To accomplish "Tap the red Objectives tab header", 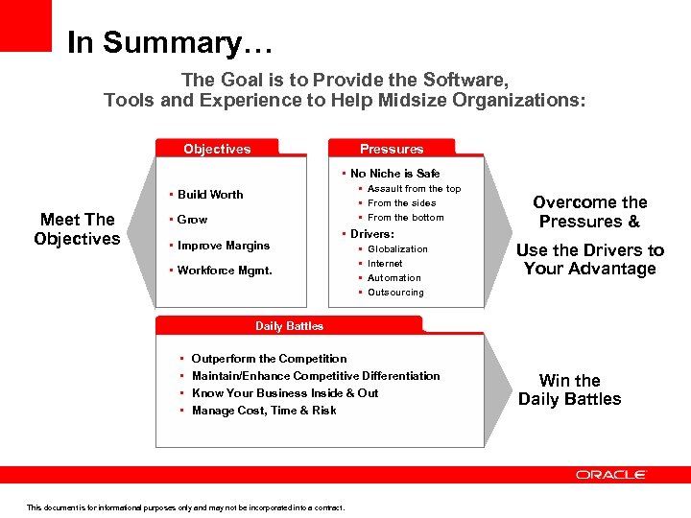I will tap(217, 149).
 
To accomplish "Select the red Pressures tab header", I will tap(392, 149).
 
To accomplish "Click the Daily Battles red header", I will tap(289, 326).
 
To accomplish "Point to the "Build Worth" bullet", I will tap(209, 195).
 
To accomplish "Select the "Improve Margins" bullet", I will tap(223, 246).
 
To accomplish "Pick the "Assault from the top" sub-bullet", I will tap(414, 189).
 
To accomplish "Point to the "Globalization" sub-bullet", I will tap(397, 249).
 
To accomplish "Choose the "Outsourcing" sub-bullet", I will tap(395, 293).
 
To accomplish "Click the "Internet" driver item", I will tap(385, 264).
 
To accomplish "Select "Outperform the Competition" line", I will tap(269, 359).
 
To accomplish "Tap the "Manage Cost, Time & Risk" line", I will tap(264, 411).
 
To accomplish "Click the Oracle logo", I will tap(611, 475).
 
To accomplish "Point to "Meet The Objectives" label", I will tap(77, 229).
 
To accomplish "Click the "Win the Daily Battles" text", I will tap(569, 390).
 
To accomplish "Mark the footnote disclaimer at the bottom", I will tap(185, 507).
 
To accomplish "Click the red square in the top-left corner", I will tap(25, 25).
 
